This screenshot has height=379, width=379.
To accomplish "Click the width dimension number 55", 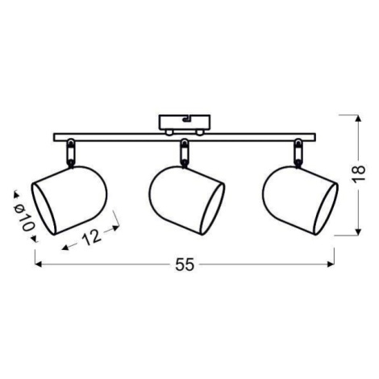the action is tap(185, 264).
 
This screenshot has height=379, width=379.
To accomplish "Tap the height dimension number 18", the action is tap(359, 174).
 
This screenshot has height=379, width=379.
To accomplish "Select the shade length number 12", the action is tap(92, 237).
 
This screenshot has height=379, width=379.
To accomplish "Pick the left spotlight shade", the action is tap(69, 200).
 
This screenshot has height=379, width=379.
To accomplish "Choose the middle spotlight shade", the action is tap(187, 201).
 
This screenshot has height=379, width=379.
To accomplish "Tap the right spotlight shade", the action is tap(300, 201).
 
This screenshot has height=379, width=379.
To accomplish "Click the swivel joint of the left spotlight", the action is tap(71, 153).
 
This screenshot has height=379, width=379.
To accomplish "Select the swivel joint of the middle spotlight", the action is tap(184, 153).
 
